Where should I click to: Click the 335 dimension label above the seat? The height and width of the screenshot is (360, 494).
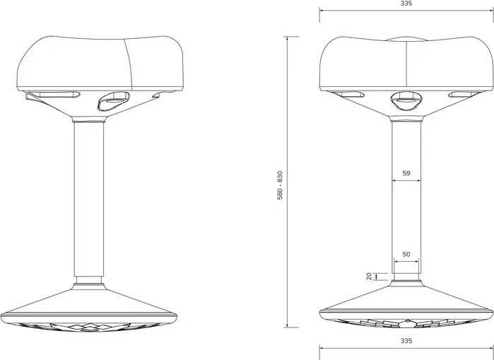(406, 4)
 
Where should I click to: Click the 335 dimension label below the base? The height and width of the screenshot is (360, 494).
(406, 341)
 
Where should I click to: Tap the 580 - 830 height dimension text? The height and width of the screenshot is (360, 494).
(280, 185)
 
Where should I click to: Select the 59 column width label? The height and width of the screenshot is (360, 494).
(406, 173)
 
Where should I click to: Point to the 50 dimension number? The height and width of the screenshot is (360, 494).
(406, 254)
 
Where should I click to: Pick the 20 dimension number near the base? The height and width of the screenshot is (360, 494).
(369, 277)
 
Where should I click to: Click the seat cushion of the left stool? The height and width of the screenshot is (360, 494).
(100, 63)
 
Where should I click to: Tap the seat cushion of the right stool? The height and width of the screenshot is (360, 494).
(406, 64)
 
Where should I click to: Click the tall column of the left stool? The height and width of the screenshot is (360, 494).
(89, 199)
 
